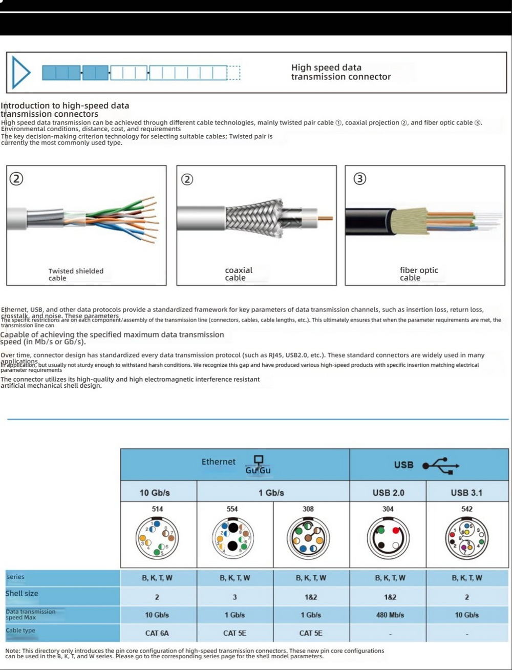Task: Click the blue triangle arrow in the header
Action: (21, 72)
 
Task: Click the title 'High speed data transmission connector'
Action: (340, 72)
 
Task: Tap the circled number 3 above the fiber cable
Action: (360, 179)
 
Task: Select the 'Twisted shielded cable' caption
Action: (76, 275)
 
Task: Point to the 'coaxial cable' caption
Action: (239, 274)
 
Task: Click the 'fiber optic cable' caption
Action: (419, 274)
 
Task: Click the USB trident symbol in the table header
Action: (441, 465)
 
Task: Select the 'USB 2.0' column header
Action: (388, 493)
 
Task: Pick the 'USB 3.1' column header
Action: (466, 493)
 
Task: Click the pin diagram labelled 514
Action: (157, 538)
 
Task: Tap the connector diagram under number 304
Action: (388, 538)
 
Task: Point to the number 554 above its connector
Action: (232, 509)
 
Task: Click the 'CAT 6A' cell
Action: (157, 633)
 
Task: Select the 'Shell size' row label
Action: (22, 594)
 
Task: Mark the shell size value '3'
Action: (235, 597)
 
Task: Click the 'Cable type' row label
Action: (20, 631)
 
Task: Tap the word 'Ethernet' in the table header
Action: (219, 462)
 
